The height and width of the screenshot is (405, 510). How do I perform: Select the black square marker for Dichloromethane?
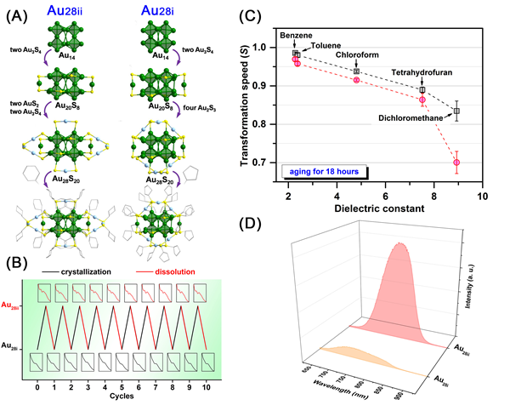tap(457, 111)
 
